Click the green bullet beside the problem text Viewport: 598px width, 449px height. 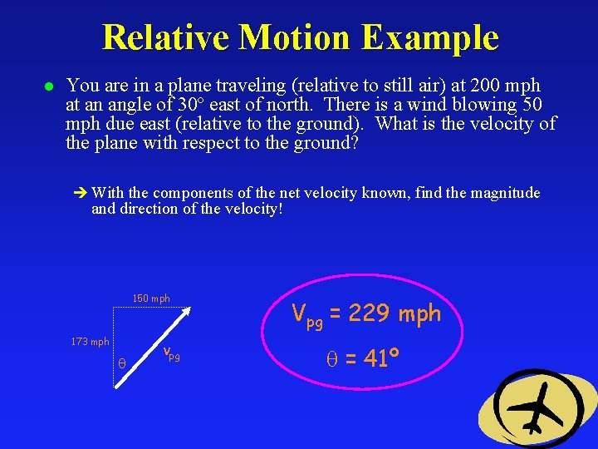(49, 86)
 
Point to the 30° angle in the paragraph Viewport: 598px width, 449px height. (189, 105)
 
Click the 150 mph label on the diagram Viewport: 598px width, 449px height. (151, 299)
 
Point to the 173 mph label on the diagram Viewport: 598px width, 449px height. (90, 342)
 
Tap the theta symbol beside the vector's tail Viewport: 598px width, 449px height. (122, 363)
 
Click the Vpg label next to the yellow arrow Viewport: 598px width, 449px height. (171, 355)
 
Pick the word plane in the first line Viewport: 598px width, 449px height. (158, 86)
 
